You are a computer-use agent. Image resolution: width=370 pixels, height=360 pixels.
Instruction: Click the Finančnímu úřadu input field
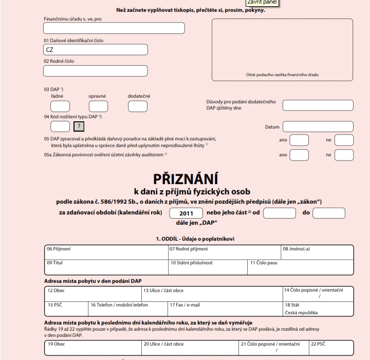(114, 28)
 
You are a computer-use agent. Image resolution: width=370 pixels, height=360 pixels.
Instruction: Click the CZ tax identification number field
(96, 50)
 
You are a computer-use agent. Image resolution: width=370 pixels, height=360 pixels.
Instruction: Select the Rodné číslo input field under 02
(96, 70)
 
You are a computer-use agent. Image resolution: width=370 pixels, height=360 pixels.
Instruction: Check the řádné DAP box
(60, 106)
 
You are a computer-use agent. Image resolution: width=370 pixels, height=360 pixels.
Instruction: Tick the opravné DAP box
(98, 106)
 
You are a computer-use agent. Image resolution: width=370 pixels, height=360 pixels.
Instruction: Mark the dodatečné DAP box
(137, 106)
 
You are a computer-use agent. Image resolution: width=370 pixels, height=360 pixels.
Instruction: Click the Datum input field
(318, 127)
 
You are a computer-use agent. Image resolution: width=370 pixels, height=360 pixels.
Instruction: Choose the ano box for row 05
(299, 140)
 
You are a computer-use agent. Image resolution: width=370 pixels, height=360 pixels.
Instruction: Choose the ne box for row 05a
(344, 154)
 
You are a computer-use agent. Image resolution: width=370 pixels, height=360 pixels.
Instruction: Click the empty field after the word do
(328, 213)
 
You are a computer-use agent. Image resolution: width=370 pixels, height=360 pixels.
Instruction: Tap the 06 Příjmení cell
(106, 252)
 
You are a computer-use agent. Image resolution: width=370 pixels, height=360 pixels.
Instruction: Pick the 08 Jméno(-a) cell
(317, 252)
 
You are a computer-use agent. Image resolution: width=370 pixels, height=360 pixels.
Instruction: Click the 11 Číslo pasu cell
(301, 265)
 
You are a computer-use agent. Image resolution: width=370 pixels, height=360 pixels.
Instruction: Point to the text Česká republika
(301, 312)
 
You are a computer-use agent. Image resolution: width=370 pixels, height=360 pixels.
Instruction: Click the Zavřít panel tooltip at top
(262, 3)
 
